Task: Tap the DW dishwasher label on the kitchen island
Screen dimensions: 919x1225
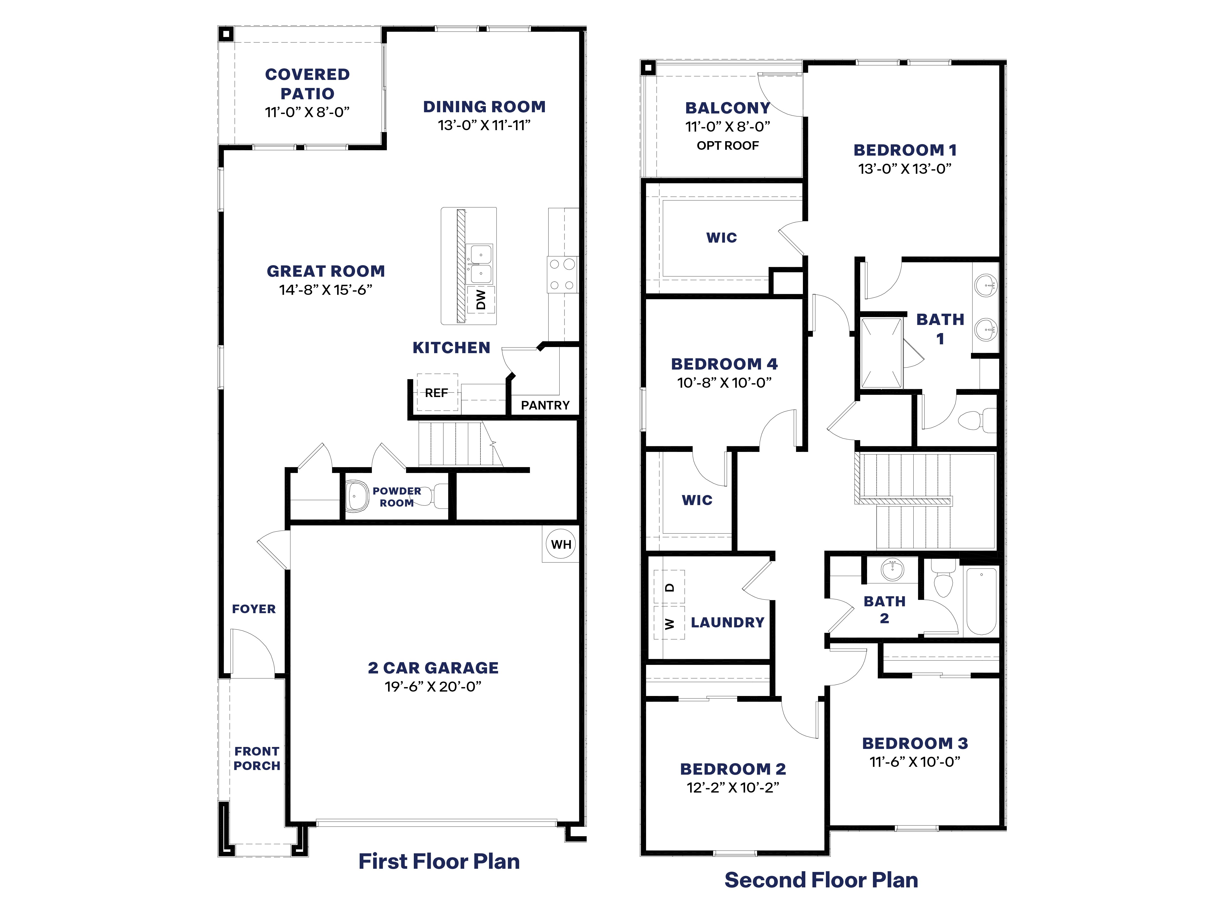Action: pos(481,300)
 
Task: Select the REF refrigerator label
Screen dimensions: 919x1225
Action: pos(436,393)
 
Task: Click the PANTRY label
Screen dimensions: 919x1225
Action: pos(545,405)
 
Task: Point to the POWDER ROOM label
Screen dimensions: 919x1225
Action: pos(396,497)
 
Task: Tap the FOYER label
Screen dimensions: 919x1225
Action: pos(254,609)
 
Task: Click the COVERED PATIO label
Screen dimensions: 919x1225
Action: pos(307,84)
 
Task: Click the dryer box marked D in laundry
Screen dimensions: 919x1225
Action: pos(670,587)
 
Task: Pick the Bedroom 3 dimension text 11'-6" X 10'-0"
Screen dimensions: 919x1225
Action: pos(914,762)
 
